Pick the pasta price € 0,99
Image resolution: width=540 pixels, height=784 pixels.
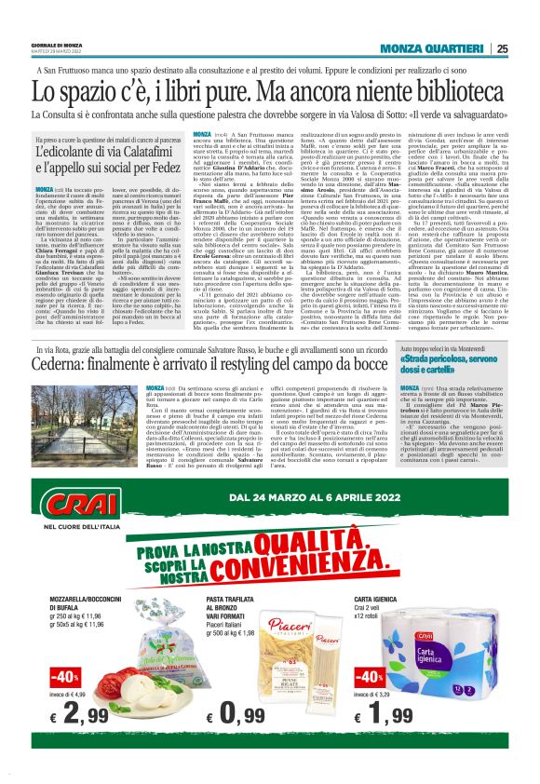click(255, 742)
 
